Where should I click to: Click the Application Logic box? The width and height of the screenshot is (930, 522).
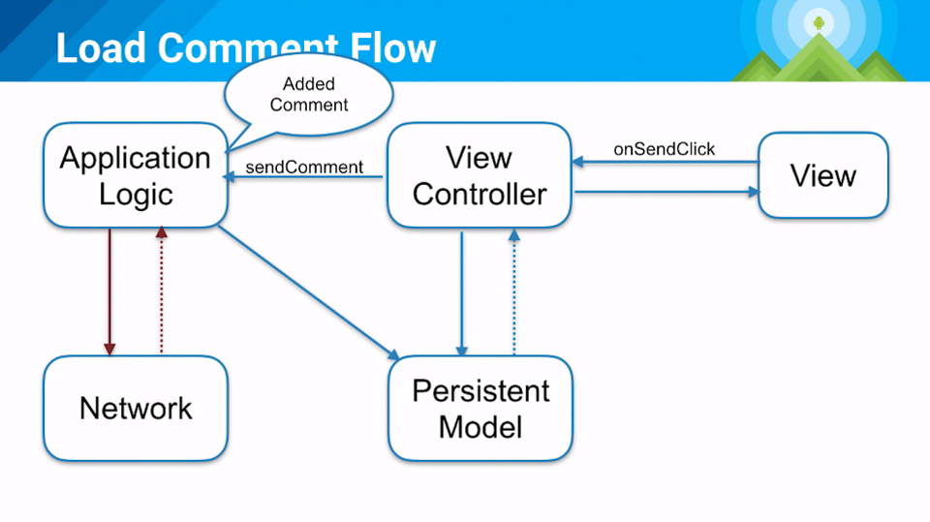point(136,175)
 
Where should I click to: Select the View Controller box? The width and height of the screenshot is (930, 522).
point(480,175)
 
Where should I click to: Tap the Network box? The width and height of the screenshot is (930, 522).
point(136,408)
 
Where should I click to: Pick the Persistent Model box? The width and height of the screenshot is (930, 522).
point(480,408)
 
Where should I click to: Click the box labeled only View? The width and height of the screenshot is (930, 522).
point(823,175)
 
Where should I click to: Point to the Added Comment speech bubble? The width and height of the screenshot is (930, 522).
point(308,95)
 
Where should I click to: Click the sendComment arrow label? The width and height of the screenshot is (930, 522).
point(304,168)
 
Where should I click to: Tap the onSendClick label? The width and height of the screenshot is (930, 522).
point(665,149)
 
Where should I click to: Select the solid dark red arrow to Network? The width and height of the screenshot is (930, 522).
point(109,292)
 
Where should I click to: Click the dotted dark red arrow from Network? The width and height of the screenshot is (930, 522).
point(162,291)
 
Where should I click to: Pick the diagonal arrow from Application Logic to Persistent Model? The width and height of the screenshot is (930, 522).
point(309,292)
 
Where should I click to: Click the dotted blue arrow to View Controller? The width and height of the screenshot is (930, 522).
point(514,292)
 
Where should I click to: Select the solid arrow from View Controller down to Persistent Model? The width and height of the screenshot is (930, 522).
point(462,293)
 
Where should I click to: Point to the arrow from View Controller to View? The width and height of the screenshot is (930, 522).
point(667,192)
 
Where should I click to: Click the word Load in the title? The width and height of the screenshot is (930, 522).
point(101,47)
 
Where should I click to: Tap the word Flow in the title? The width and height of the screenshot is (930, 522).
point(392,47)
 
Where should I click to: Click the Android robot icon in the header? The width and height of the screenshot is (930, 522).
point(820,23)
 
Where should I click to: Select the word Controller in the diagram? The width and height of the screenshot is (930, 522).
point(480,194)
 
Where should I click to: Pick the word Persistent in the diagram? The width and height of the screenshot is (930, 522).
point(481,390)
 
